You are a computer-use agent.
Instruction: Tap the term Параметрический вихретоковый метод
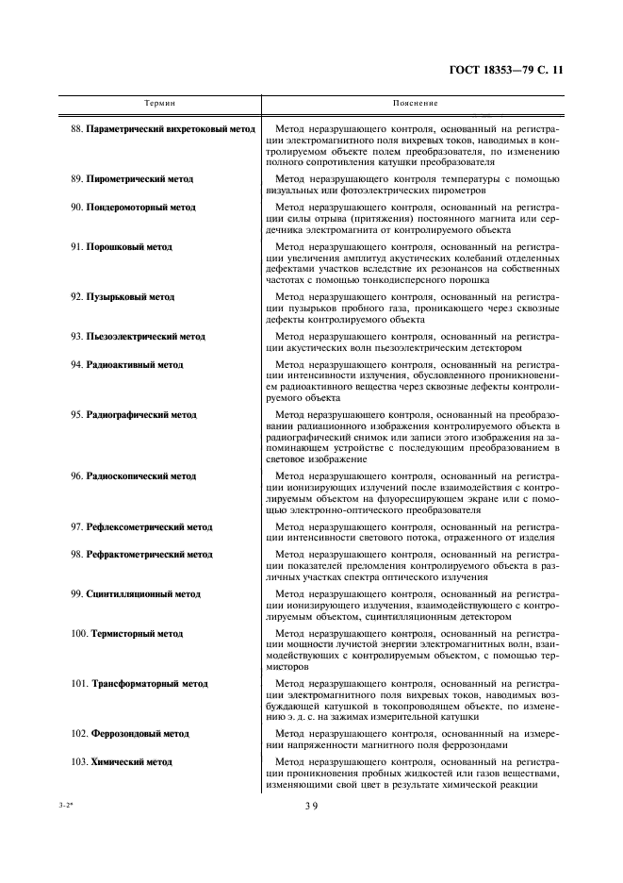point(170,128)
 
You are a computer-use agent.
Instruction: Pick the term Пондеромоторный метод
point(141,206)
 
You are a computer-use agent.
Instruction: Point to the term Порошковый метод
point(129,247)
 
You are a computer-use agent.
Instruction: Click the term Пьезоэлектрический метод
point(145,337)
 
